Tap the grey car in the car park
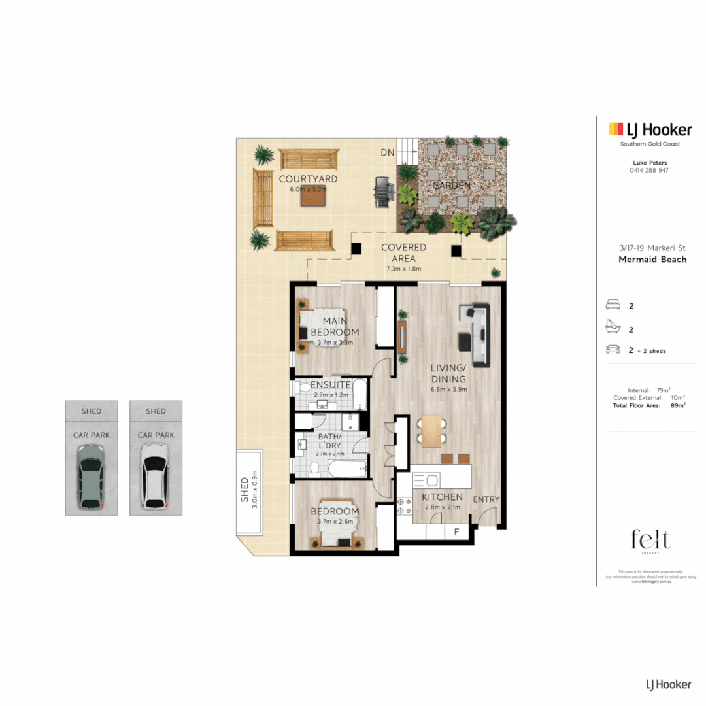click(x=91, y=476)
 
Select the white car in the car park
click(x=156, y=475)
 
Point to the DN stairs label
click(x=387, y=152)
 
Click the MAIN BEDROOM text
click(x=335, y=326)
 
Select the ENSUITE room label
click(x=331, y=385)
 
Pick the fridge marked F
click(x=456, y=533)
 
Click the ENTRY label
click(x=486, y=499)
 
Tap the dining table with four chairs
click(x=431, y=431)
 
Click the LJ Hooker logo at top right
click(x=650, y=129)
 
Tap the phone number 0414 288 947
click(x=650, y=170)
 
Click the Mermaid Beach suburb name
click(x=652, y=260)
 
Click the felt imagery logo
click(x=650, y=541)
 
